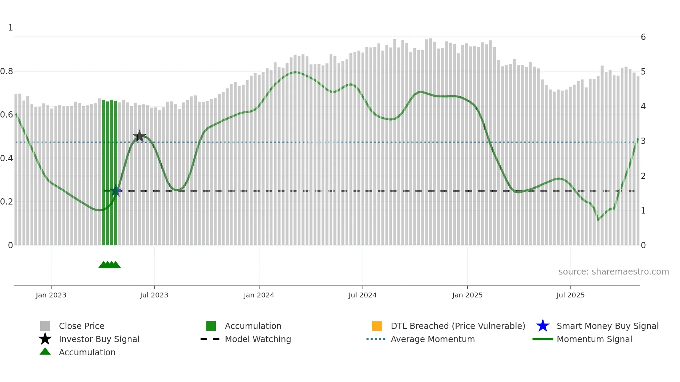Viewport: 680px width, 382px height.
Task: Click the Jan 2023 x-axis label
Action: (x=51, y=295)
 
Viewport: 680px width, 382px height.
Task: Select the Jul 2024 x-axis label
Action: (x=363, y=295)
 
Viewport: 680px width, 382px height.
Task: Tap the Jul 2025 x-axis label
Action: (x=570, y=295)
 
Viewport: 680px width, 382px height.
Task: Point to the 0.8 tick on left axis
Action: (x=7, y=71)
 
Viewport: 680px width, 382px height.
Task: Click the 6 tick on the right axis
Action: (x=643, y=37)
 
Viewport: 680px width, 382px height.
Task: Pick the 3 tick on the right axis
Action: (x=643, y=141)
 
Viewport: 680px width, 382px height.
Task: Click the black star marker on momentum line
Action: (x=139, y=136)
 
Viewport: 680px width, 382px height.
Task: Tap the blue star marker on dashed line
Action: (x=116, y=191)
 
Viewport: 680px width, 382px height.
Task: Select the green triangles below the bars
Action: (x=110, y=265)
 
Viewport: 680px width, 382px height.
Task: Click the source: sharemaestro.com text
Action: (x=613, y=272)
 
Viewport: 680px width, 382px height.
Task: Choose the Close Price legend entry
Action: (x=82, y=326)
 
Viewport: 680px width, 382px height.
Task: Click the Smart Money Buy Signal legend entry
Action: (x=607, y=326)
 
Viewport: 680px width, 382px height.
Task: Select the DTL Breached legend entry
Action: (x=458, y=326)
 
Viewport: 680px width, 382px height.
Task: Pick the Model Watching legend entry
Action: (x=258, y=339)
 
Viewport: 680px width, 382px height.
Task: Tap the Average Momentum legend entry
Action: (x=432, y=339)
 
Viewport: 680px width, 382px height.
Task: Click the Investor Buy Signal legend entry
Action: (x=99, y=339)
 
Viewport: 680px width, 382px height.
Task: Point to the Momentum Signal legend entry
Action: (x=594, y=339)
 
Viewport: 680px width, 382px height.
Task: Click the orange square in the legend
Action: (x=377, y=326)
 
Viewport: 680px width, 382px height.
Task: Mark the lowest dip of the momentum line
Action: (x=598, y=219)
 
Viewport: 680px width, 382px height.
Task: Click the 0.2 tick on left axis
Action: (x=7, y=202)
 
